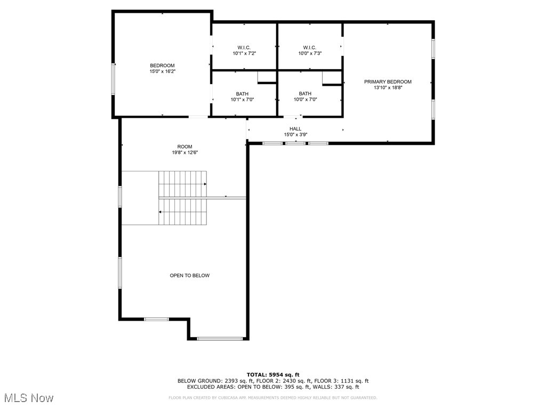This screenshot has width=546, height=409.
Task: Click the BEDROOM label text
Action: (162, 66)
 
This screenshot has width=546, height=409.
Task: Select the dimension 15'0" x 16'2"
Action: (162, 71)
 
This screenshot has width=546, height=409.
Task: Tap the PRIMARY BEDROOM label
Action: (388, 81)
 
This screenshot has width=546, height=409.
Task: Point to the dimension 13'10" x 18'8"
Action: (388, 87)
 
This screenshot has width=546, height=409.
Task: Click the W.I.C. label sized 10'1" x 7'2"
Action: (244, 47)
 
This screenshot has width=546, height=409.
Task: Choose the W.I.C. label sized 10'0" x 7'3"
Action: (309, 47)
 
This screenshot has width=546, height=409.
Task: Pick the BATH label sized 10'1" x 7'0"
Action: (242, 94)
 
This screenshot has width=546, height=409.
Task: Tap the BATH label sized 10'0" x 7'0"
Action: (305, 94)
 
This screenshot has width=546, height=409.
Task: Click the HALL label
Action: (295, 129)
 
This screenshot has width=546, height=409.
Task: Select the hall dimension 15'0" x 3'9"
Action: (295, 135)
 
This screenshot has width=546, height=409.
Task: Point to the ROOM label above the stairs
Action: (184, 146)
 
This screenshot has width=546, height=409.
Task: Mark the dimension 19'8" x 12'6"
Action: (184, 152)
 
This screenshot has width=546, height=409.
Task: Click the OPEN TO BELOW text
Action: (190, 275)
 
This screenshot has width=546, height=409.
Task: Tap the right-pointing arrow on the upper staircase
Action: (205, 184)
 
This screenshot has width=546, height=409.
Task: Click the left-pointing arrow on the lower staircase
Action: (160, 212)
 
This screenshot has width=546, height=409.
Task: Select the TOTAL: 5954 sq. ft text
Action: (273, 374)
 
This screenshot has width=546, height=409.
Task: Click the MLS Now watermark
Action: (29, 398)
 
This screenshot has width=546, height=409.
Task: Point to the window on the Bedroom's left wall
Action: (113, 79)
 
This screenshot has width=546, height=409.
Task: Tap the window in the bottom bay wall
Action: (220, 338)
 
